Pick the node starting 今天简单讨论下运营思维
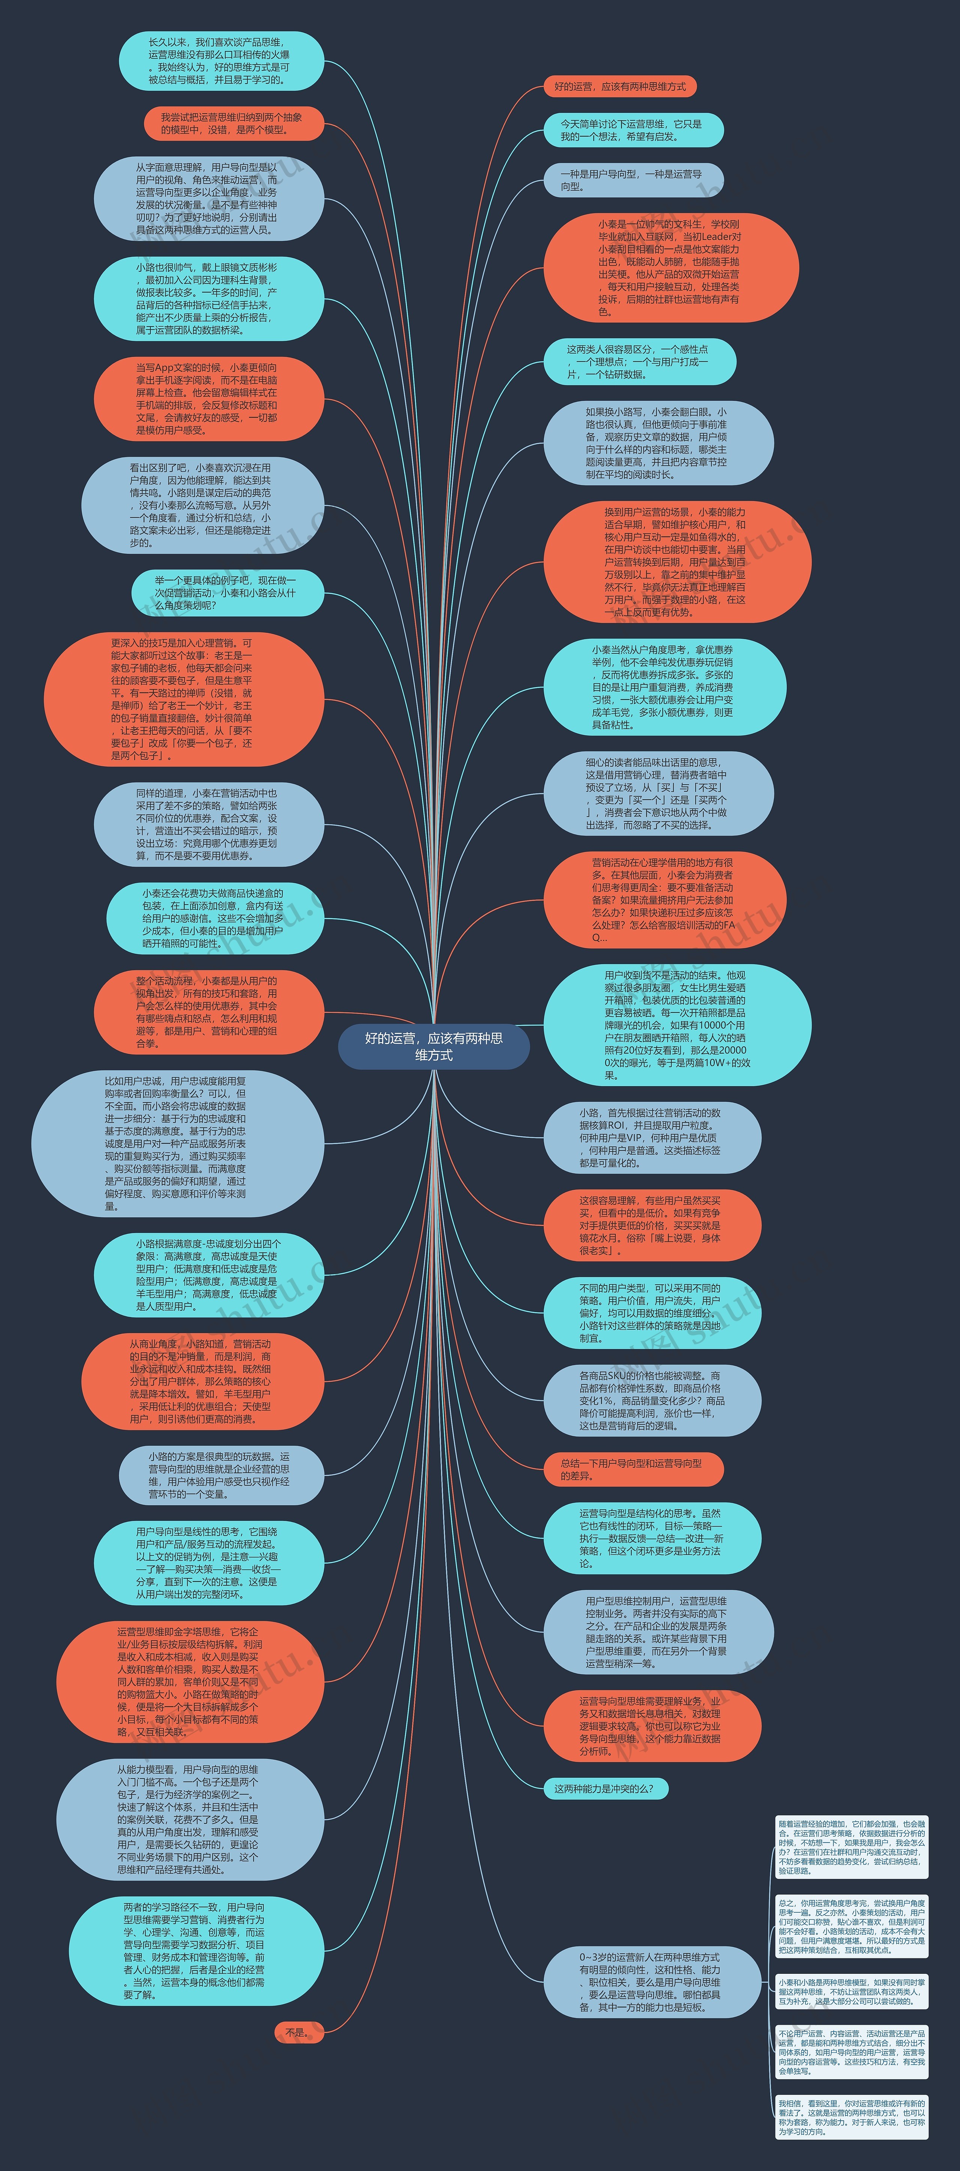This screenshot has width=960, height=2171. pos(632,130)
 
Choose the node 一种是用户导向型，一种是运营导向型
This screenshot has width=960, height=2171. pos(632,180)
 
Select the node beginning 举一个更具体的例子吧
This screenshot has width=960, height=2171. pos(226,592)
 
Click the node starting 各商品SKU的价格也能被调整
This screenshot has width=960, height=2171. pos(651,1401)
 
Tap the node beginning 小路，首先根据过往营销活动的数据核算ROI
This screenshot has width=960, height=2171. pos(651,1138)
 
